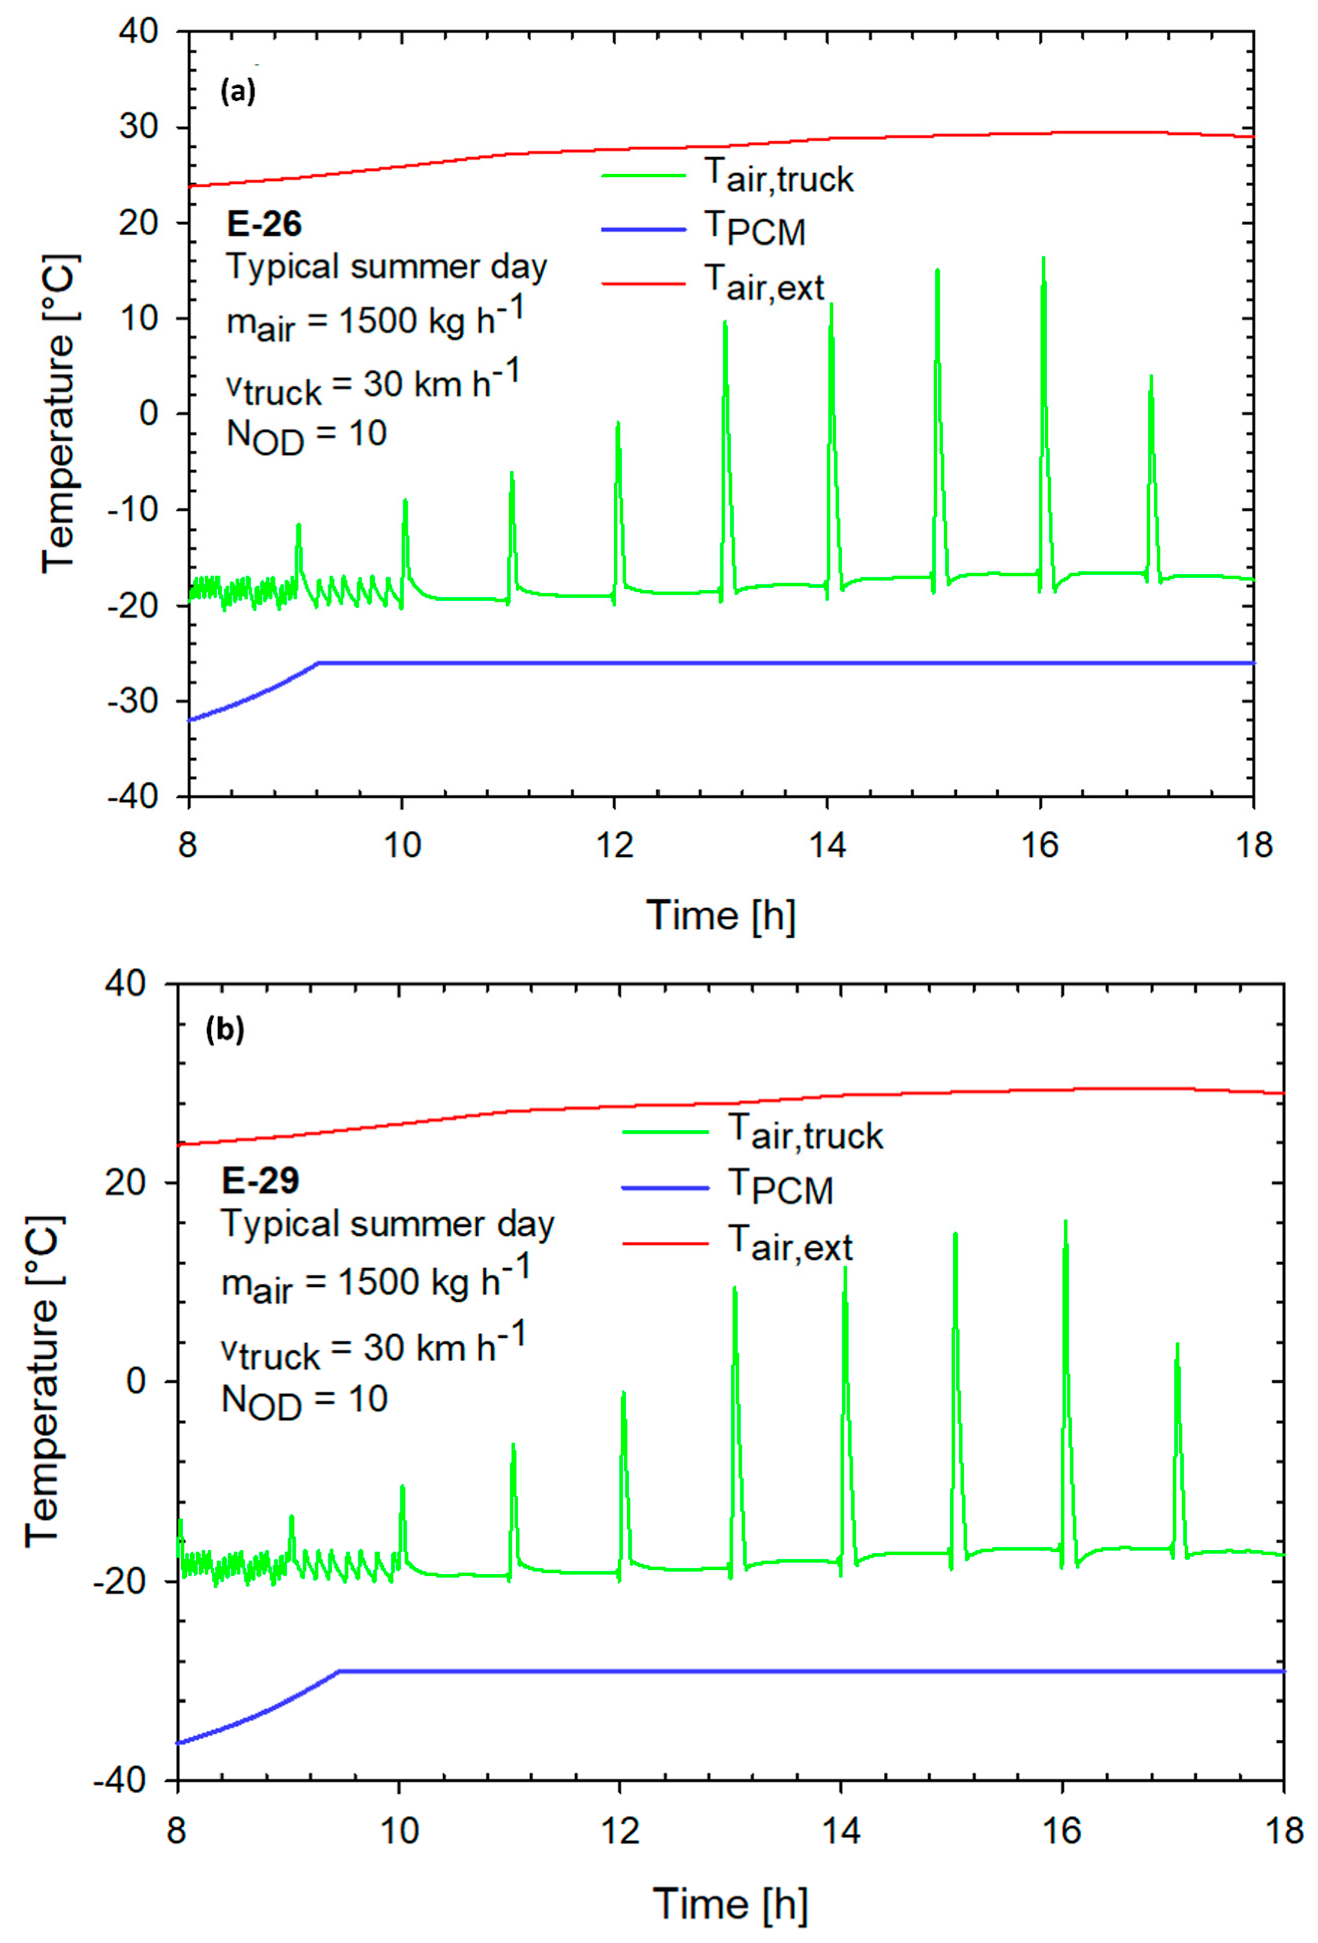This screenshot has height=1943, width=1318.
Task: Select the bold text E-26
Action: click(264, 224)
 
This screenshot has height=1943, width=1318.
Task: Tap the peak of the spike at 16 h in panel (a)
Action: click(1044, 259)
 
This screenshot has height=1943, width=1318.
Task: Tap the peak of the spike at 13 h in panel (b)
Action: click(734, 1288)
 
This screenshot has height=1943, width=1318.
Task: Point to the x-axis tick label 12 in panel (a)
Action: click(615, 845)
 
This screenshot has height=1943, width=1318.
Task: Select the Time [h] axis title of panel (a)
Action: click(720, 915)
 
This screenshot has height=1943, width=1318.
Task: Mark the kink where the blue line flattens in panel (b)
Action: click(339, 1670)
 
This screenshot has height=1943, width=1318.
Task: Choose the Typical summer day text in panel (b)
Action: click(387, 1225)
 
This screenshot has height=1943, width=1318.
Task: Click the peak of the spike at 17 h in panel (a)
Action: click(1151, 377)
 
